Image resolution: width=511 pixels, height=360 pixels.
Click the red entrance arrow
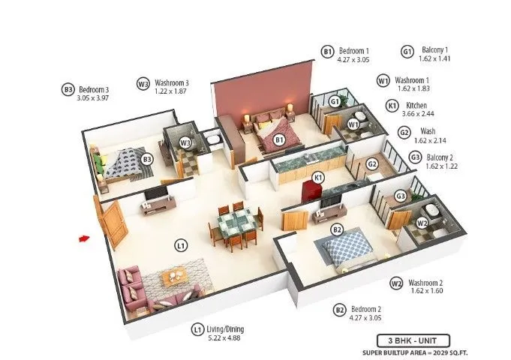tap(84, 239)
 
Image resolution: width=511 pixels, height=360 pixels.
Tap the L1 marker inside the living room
tap(181, 244)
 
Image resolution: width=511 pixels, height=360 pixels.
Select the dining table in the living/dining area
tap(236, 223)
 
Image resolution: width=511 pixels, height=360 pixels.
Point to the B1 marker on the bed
tap(279, 139)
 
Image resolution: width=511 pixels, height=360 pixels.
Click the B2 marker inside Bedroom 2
tap(337, 229)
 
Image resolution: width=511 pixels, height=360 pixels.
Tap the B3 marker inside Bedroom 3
tap(147, 158)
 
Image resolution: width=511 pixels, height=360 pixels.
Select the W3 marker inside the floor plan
tap(186, 142)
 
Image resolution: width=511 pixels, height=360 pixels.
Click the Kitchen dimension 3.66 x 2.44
tap(421, 114)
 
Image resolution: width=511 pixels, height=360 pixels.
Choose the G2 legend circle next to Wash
tap(404, 132)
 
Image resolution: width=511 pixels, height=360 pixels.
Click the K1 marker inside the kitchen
tap(318, 177)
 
